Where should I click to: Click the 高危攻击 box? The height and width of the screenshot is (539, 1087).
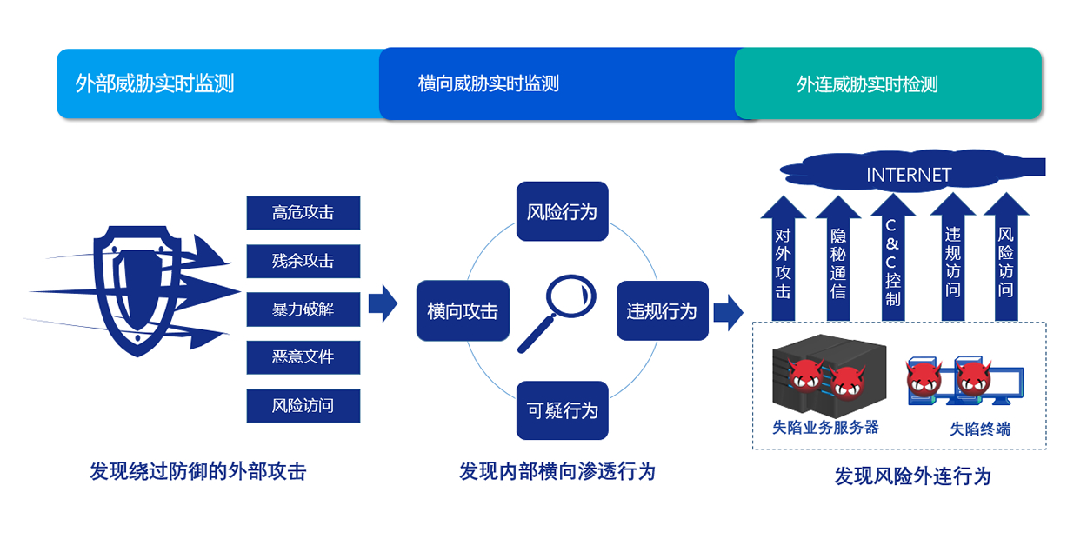[x=303, y=213]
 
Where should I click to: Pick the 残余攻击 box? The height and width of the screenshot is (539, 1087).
[x=303, y=262]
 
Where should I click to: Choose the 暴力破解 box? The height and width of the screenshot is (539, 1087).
[x=303, y=309]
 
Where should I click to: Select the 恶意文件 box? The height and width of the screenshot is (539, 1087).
[x=303, y=357]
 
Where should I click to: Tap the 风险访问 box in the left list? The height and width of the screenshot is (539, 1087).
[x=303, y=406]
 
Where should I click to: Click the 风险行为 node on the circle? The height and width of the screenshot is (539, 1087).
[x=562, y=211]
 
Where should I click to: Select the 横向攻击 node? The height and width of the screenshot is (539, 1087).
[x=463, y=311]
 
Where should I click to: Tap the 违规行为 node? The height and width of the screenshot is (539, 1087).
[x=662, y=311]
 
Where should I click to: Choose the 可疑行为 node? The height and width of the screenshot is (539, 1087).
[x=562, y=410]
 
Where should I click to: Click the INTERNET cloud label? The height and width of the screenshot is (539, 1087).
[x=909, y=175]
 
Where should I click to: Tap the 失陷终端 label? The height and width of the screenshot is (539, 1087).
[x=980, y=429]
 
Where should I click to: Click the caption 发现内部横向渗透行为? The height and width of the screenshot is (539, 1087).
[x=557, y=472]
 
